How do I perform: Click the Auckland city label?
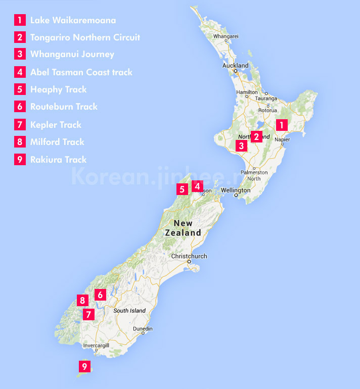(236, 66)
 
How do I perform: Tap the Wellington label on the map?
(236, 190)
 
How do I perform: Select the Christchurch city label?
(189, 256)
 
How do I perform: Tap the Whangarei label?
(226, 36)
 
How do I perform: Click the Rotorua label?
(267, 110)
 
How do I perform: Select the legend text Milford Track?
(57, 142)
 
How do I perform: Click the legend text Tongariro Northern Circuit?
(85, 37)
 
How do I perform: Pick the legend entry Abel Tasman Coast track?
(81, 72)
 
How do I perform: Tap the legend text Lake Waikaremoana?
(73, 20)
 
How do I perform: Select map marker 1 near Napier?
(282, 124)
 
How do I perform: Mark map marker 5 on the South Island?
(182, 189)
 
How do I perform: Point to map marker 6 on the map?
(100, 294)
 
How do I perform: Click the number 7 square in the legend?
(20, 125)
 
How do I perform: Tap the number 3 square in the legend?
(20, 55)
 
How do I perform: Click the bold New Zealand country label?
(183, 228)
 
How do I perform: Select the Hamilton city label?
(247, 92)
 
